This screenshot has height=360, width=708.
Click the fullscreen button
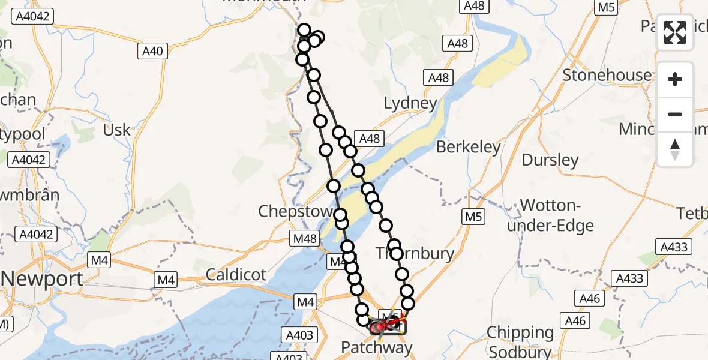point(675,32)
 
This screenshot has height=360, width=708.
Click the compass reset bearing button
point(675,149)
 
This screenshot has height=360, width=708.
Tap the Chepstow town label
point(295,211)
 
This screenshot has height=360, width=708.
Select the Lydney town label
point(410,103)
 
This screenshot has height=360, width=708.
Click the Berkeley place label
point(469,147)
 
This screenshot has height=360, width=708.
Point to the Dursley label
point(550,160)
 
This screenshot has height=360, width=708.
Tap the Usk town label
point(116,130)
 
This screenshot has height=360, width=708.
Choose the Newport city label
point(42,279)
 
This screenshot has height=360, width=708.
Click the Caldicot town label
point(236,275)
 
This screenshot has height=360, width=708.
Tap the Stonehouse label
point(607,75)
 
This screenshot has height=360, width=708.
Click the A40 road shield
point(152,52)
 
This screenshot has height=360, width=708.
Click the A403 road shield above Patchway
point(299,335)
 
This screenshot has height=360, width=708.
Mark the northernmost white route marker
point(304,31)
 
